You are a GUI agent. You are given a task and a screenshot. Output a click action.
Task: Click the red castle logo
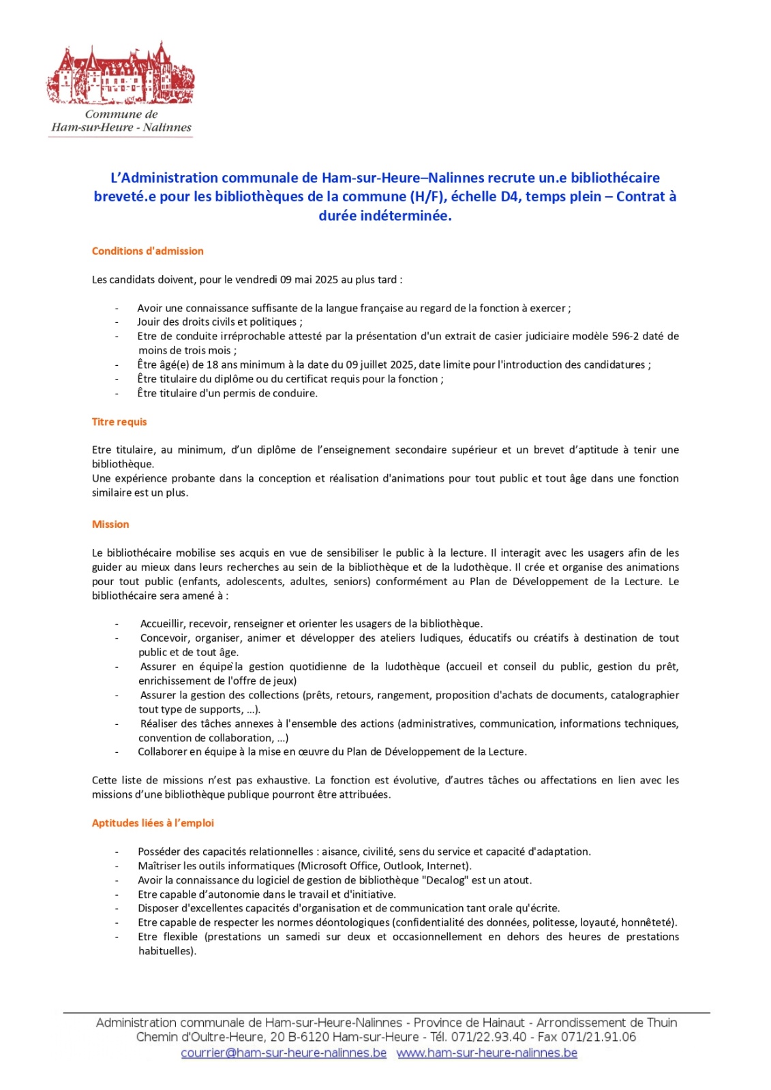[x=121, y=74]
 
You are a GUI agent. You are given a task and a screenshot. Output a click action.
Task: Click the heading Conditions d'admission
[x=147, y=251]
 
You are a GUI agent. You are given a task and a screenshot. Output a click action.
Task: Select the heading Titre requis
[x=119, y=422]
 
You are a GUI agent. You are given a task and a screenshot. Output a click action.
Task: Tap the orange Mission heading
[x=110, y=524]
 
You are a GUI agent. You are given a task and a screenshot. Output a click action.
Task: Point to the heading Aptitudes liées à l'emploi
[x=153, y=823]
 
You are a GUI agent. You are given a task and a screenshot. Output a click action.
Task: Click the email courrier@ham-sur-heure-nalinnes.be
[x=284, y=1053]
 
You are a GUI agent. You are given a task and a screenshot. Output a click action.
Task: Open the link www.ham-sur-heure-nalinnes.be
[x=487, y=1053]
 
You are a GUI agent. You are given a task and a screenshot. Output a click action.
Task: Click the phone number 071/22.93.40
[x=489, y=1037]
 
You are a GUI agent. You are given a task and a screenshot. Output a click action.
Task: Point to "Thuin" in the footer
[x=661, y=1022]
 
